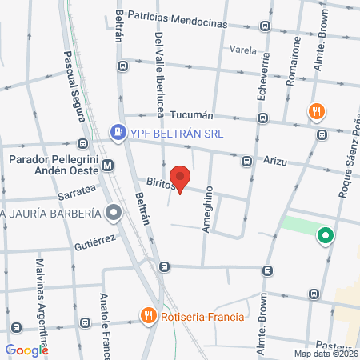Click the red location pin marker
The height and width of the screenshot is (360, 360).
tap(181, 179)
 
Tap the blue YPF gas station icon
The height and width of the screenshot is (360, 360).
tap(118, 132)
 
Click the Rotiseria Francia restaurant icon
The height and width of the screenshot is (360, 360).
tap(147, 316)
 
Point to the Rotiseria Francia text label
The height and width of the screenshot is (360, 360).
tap(202, 316)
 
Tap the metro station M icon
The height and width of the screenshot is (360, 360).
tap(108, 166)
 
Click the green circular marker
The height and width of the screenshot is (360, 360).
tap(325, 236)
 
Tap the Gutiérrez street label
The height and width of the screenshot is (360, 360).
tap(96, 239)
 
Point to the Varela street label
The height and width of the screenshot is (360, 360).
tap(242, 49)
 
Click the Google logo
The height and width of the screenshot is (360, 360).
tap(26, 350)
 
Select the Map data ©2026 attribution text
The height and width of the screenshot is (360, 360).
tap(326, 354)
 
